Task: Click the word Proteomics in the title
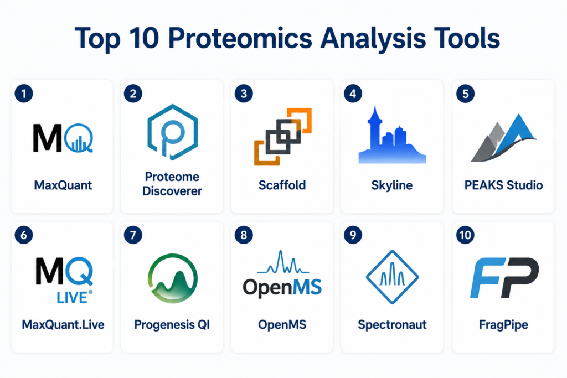[240, 38]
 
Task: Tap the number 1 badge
[24, 94]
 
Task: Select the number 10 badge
[465, 235]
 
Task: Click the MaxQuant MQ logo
[63, 138]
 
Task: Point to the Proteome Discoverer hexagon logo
[173, 132]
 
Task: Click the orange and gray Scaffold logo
[283, 137]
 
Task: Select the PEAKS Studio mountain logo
[504, 138]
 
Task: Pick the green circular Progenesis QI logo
[173, 278]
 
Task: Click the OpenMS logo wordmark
[282, 288]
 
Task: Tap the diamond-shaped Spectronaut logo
[392, 277]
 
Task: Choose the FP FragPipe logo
[504, 277]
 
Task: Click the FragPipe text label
[503, 325]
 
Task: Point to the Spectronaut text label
[392, 325]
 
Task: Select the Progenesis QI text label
[172, 325]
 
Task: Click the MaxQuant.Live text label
[63, 324]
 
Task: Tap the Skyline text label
[391, 185]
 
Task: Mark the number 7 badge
[133, 235]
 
